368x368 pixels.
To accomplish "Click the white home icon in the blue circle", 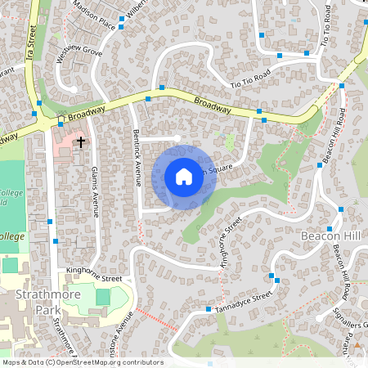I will tap(184, 176).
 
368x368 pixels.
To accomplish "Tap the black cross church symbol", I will tap(80, 143).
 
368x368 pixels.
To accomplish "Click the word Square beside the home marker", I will tap(222, 170).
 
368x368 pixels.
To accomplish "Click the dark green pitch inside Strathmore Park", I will tap(102, 296).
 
